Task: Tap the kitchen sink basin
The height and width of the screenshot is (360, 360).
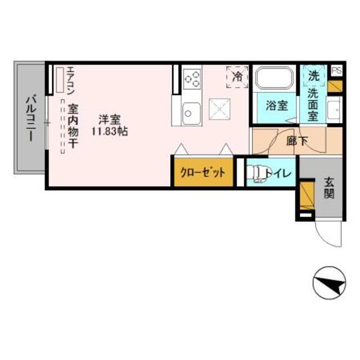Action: tap(190, 114)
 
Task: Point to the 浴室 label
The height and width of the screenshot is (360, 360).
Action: tap(273, 105)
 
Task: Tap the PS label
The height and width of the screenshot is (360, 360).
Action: tap(336, 70)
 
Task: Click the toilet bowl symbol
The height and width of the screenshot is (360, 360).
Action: tap(259, 173)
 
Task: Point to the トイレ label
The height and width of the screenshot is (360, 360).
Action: tap(280, 173)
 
